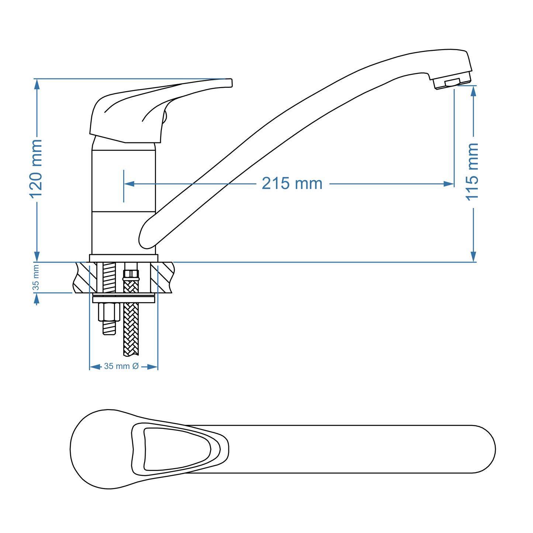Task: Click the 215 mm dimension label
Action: pyautogui.click(x=292, y=184)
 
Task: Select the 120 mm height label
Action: pyautogui.click(x=37, y=168)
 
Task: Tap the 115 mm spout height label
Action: pyautogui.click(x=473, y=172)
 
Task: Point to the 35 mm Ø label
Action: pyautogui.click(x=121, y=366)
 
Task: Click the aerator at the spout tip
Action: pyautogui.click(x=453, y=83)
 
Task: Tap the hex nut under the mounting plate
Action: pyautogui.click(x=109, y=312)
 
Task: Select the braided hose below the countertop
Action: pyautogui.click(x=131, y=328)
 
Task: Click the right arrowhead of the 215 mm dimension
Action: pyautogui.click(x=449, y=184)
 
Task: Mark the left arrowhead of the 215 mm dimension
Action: pyautogui.click(x=129, y=184)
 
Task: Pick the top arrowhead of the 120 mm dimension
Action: pyautogui.click(x=37, y=84)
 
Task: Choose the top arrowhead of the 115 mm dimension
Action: pyautogui.click(x=474, y=91)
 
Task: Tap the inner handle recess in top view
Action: pyautogui.click(x=173, y=449)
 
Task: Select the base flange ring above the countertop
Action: pyautogui.click(x=124, y=258)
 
